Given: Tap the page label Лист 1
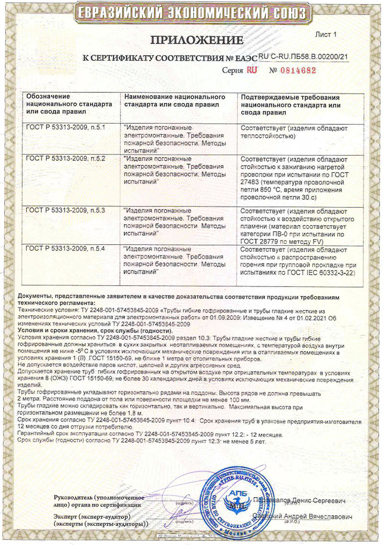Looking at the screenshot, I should coord(325,34).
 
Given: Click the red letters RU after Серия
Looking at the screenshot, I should coord(252,70).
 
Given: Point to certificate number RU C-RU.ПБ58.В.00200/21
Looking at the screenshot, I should coord(304,57).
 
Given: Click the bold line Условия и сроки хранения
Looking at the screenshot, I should coord(60,329).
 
